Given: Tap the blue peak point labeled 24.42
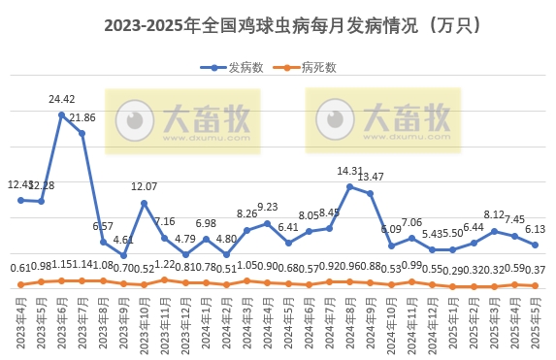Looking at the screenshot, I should tap(61, 115).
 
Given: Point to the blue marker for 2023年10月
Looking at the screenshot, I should tap(144, 203).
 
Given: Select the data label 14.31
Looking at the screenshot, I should tap(350, 172).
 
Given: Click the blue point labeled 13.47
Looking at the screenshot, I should tap(371, 193).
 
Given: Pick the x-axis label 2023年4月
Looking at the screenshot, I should tap(21, 325).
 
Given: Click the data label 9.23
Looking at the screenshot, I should tap(267, 207).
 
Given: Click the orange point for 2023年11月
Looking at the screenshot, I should tap(164, 279).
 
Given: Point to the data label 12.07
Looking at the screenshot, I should tap(144, 186).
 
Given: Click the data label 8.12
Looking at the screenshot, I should tap(495, 215).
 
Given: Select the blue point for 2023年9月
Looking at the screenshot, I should tap(123, 255).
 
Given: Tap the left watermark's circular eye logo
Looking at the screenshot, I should tap(135, 121).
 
